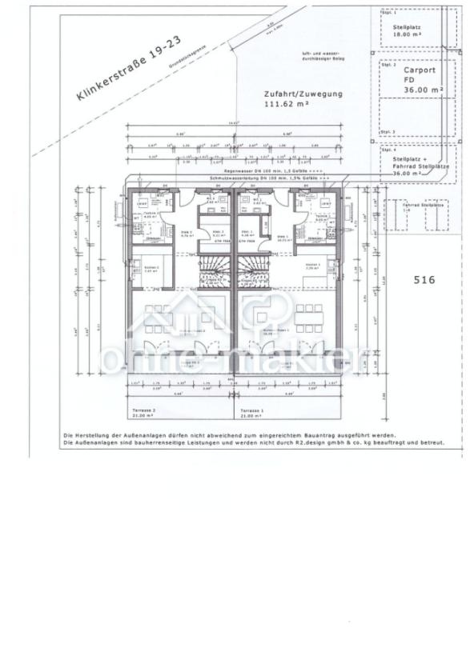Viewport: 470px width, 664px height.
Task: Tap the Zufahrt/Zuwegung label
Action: (x=303, y=94)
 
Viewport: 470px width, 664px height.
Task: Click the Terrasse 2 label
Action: (x=143, y=410)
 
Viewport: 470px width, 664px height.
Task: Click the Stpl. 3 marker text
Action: (x=388, y=131)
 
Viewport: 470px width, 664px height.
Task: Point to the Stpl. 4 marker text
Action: (x=388, y=150)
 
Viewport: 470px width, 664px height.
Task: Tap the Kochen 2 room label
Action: (x=144, y=267)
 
